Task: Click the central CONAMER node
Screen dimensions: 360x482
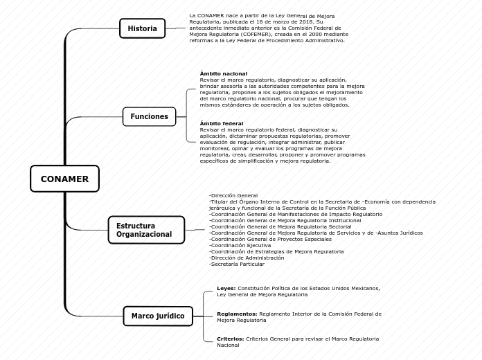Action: click(64, 179)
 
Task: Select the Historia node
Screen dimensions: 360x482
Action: click(142, 28)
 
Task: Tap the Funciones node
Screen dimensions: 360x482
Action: click(149, 116)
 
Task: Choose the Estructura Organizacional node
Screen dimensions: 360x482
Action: click(145, 230)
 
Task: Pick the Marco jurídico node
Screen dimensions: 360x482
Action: click(158, 316)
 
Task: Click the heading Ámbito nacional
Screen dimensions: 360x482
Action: click(223, 73)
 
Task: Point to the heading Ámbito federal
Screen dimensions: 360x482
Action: click(221, 123)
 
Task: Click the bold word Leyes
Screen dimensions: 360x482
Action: click(226, 288)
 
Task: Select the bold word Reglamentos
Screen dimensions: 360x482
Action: click(237, 314)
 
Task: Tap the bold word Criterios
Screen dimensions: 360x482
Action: click(230, 339)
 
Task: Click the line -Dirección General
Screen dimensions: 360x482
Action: click(233, 196)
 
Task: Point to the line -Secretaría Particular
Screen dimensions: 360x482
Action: click(237, 264)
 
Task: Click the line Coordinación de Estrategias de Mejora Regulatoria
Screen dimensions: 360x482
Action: click(276, 251)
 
